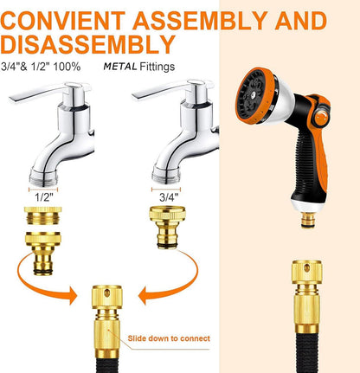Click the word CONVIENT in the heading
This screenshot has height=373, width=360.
point(63,21)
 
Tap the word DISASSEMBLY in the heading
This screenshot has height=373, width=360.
point(88,44)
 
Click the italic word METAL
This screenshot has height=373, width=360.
point(120,67)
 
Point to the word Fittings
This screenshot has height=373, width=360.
point(157,67)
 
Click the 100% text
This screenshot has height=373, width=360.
point(67,67)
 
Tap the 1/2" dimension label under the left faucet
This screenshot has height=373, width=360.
point(44,197)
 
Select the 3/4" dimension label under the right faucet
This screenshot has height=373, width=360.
point(169,197)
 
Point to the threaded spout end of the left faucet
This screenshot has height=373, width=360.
point(43,177)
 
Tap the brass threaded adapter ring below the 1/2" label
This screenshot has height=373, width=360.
point(42,215)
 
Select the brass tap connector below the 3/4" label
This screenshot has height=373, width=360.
point(167,227)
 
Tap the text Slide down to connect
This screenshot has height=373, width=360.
point(169,338)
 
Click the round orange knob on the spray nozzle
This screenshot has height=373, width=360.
point(322,117)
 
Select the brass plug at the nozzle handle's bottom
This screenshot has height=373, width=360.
point(308,220)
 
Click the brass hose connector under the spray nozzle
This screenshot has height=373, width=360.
point(307,297)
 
